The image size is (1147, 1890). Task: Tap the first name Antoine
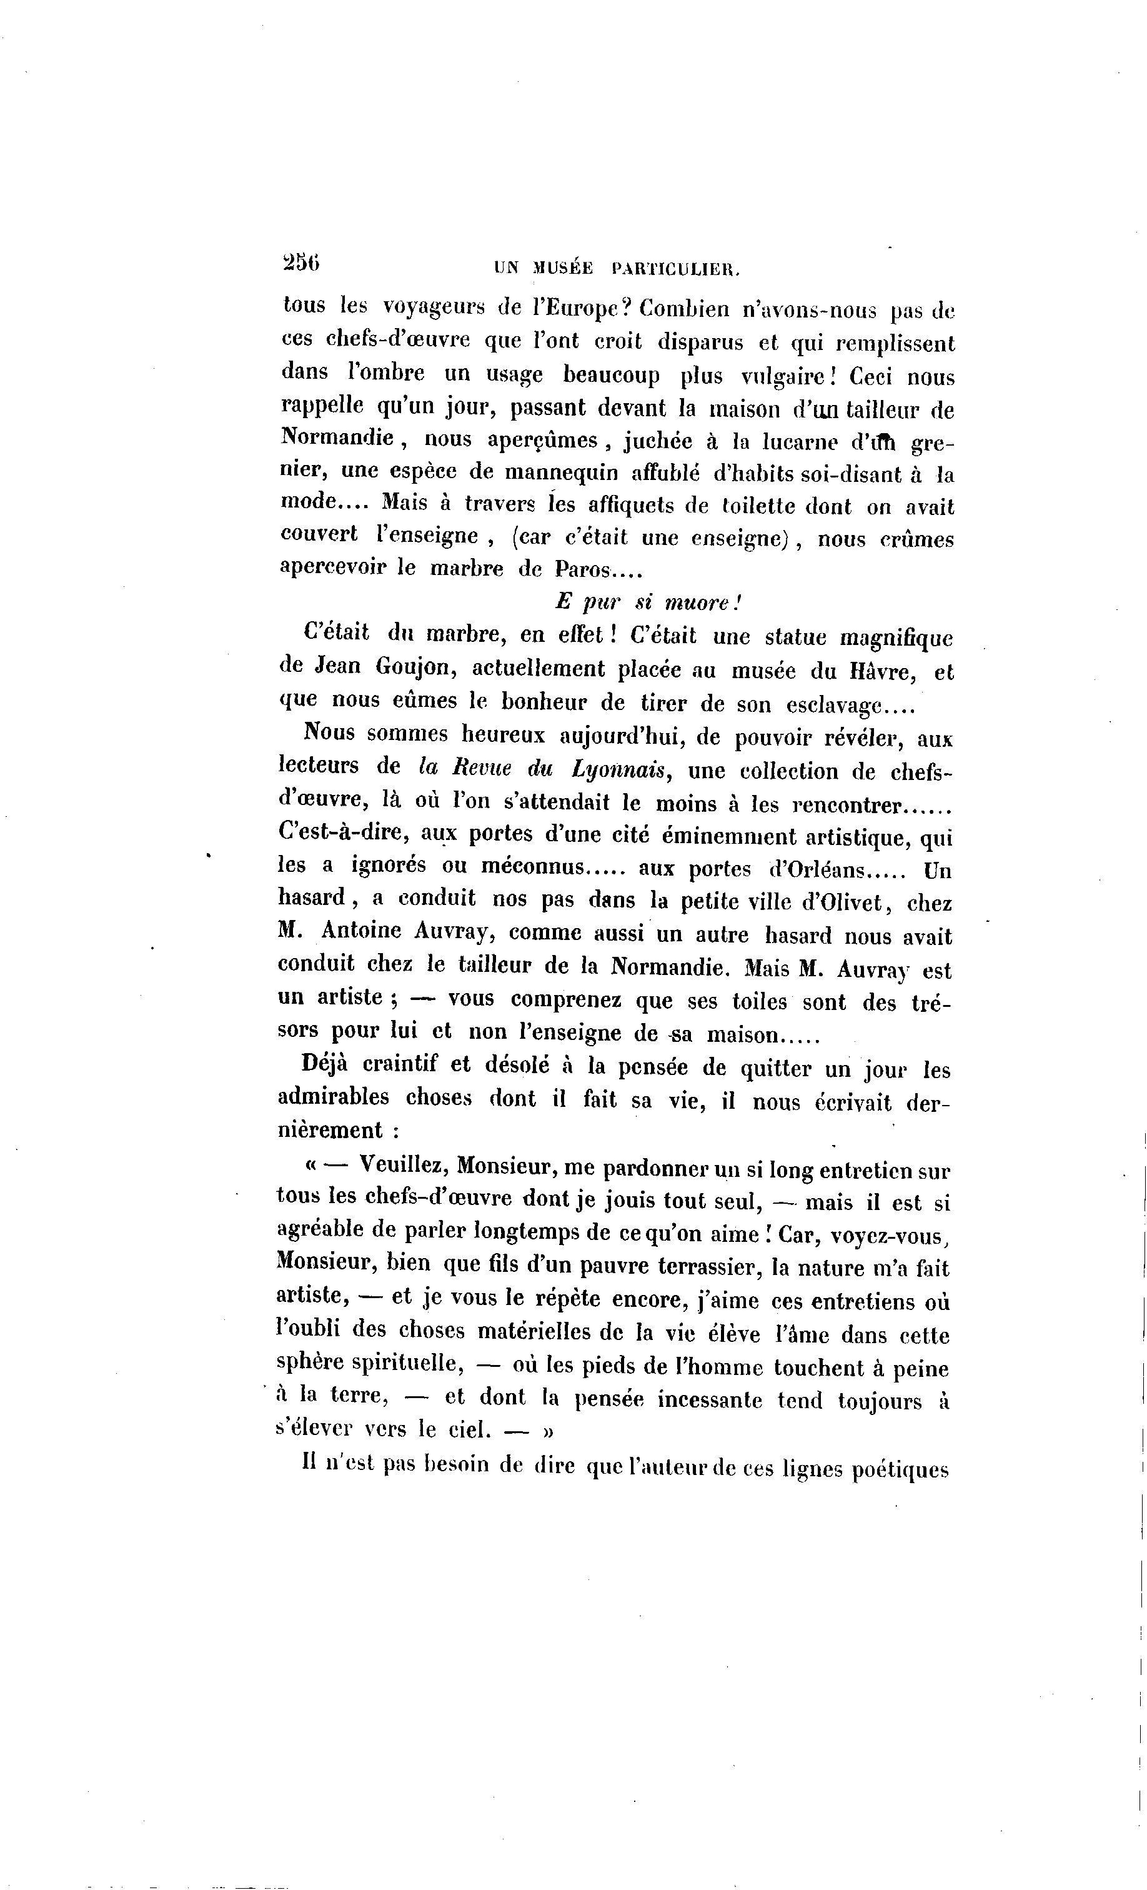(362, 931)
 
